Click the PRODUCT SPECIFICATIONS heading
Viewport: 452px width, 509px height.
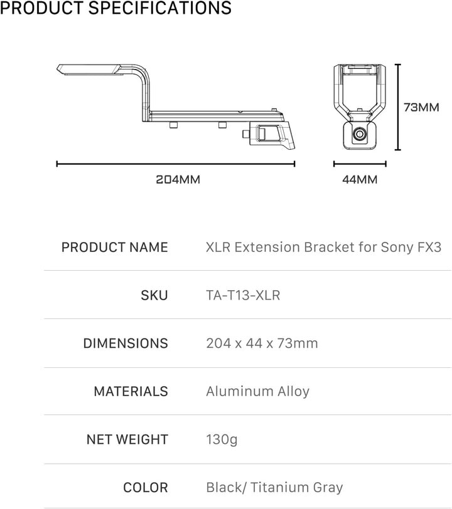(116, 9)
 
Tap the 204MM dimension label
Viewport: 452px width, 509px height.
(178, 179)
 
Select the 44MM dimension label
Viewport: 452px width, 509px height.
(360, 179)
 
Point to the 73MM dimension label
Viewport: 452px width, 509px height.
(421, 107)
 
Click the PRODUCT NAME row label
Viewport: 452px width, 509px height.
(114, 247)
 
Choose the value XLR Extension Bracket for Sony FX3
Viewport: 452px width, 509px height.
(323, 247)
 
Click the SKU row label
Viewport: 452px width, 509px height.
(154, 295)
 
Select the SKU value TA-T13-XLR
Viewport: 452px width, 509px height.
(243, 295)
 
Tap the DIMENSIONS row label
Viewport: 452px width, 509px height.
(126, 343)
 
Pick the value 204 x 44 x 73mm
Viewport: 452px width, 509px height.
(262, 343)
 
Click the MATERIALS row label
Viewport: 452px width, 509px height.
(131, 391)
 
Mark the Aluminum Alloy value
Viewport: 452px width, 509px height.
(257, 391)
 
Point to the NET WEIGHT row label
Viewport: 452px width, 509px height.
(127, 439)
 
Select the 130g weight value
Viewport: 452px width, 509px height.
(222, 439)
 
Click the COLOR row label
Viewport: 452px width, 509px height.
(146, 487)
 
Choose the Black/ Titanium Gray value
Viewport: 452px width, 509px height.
(274, 487)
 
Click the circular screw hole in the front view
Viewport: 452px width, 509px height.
(360, 134)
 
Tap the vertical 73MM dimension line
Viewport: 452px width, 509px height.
(397, 107)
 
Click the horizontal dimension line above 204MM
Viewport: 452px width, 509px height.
(176, 164)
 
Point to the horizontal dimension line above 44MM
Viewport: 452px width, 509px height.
(360, 164)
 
